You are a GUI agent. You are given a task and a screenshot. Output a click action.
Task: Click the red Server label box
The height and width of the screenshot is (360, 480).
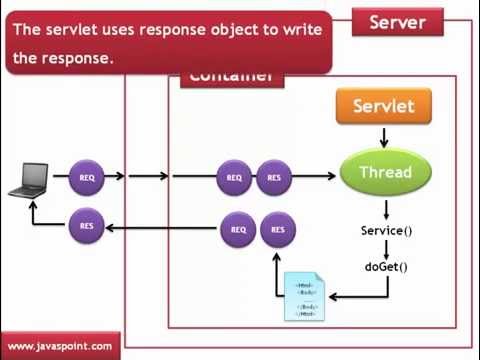[397, 22]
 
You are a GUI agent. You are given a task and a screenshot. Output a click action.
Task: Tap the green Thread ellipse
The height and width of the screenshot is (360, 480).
[385, 172]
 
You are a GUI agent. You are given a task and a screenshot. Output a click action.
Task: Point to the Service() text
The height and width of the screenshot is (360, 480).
[386, 231]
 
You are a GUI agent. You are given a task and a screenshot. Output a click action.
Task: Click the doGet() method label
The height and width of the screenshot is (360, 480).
[386, 266]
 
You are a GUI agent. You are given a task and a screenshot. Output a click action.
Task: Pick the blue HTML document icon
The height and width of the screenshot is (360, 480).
[305, 297]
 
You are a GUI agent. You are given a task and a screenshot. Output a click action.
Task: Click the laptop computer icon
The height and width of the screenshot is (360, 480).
[30, 182]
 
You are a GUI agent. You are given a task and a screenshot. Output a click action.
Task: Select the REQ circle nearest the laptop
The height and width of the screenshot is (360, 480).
[87, 178]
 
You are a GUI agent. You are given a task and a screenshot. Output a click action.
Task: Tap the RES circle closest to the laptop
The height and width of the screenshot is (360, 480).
[87, 226]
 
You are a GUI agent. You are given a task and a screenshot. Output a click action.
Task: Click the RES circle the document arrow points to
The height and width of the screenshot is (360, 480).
[278, 230]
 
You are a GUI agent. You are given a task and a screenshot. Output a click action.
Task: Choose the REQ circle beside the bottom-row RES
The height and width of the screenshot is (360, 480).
[238, 230]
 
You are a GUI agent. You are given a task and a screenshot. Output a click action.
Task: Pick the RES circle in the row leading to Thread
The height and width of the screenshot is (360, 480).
[274, 178]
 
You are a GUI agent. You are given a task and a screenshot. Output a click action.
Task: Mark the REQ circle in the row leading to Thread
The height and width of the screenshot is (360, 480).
[234, 178]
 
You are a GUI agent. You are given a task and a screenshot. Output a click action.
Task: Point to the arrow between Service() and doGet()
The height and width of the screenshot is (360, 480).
[386, 249]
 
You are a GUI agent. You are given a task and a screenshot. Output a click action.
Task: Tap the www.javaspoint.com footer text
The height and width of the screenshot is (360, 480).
[60, 346]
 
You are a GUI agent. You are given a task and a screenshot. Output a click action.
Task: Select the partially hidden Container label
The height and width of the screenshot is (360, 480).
[230, 77]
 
